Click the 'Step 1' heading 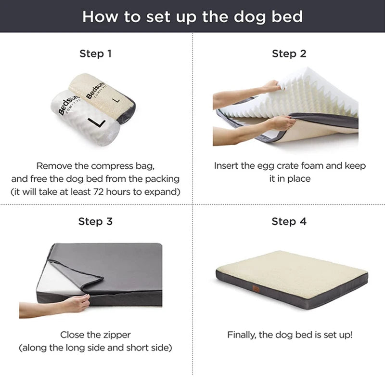(95, 54)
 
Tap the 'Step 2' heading (289, 54)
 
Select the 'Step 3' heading (95, 221)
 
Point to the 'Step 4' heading (289, 221)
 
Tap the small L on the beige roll (115, 101)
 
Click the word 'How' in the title (98, 16)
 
